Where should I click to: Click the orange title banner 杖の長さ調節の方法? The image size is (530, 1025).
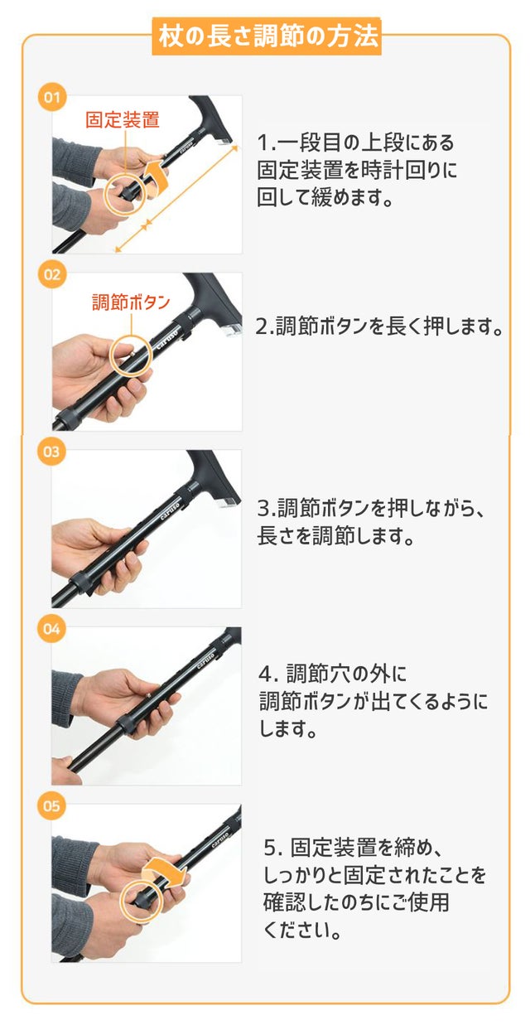click(267, 36)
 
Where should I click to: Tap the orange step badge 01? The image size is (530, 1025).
click(52, 98)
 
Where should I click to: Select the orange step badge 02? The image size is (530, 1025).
click(52, 274)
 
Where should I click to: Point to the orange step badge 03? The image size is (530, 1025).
click(51, 452)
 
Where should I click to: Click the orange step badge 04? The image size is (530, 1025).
click(51, 629)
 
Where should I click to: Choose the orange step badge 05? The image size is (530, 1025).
click(51, 806)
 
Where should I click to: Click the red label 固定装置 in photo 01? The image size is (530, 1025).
click(123, 120)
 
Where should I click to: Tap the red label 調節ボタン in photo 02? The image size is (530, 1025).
click(131, 302)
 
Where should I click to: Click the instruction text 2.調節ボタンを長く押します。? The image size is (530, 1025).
click(379, 326)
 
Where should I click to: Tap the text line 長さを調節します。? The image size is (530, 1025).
click(335, 535)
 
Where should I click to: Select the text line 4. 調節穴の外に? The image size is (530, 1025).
click(332, 674)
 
